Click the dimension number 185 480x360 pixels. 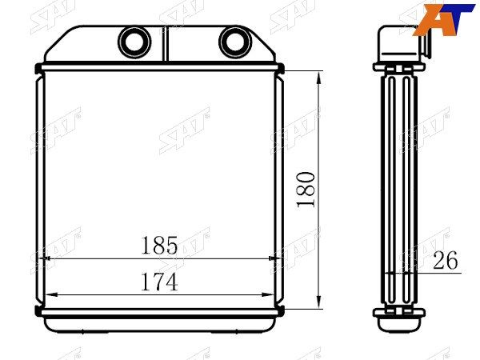click(x=159, y=246)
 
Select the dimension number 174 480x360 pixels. click(x=159, y=282)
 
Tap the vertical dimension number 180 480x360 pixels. click(x=306, y=190)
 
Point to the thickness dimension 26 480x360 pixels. click(x=446, y=260)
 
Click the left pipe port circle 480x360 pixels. click(x=134, y=42)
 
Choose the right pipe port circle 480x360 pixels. click(x=235, y=42)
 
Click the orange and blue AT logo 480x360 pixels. click(x=443, y=19)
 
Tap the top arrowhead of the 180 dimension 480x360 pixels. click(x=319, y=78)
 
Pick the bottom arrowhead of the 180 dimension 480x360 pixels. click(x=319, y=302)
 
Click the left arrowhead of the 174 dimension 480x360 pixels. click(x=51, y=294)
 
